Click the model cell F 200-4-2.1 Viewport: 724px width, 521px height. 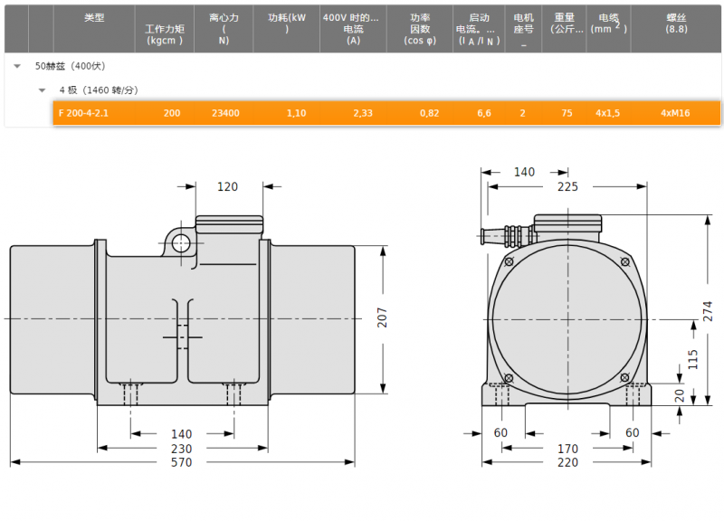[83, 113]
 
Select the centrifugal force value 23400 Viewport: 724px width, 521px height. [225, 113]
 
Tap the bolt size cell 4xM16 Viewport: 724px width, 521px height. [675, 113]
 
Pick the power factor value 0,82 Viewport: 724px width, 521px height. [429, 113]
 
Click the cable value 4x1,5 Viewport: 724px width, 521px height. [607, 113]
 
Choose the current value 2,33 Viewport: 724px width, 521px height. [363, 113]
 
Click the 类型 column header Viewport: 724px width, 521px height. [94, 17]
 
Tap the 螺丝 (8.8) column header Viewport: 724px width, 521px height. [676, 24]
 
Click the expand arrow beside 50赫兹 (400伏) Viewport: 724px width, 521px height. [17, 66]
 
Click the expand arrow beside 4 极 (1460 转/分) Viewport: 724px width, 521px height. [42, 90]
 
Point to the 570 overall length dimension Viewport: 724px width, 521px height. [182, 462]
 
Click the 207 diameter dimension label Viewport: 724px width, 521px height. [382, 317]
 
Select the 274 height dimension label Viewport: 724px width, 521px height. [708, 311]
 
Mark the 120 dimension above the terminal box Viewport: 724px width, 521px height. [228, 186]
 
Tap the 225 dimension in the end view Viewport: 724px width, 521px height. [567, 186]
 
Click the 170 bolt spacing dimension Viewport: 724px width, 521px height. [567, 449]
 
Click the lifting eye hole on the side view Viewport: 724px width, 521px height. [181, 243]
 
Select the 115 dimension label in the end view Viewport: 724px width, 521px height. [692, 359]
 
